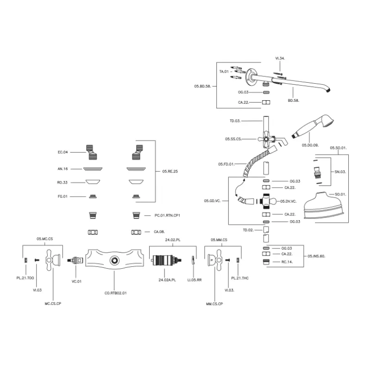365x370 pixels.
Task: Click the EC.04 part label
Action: (x=63, y=152)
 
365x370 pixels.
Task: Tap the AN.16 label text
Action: (x=63, y=169)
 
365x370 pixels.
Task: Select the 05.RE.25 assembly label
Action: (x=170, y=172)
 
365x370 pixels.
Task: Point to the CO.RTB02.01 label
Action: (x=115, y=292)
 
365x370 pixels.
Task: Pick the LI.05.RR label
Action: (x=194, y=280)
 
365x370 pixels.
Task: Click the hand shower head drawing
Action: (x=313, y=128)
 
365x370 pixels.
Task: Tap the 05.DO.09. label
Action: (x=310, y=145)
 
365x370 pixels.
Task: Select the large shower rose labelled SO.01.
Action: (x=324, y=204)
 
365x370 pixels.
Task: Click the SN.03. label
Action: (x=340, y=172)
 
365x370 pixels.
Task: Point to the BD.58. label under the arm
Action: (x=293, y=100)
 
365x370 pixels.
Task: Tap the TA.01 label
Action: (x=224, y=72)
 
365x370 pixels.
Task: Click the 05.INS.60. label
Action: (x=316, y=256)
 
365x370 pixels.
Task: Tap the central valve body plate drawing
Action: (x=113, y=261)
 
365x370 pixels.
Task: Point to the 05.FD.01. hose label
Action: (x=226, y=164)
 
